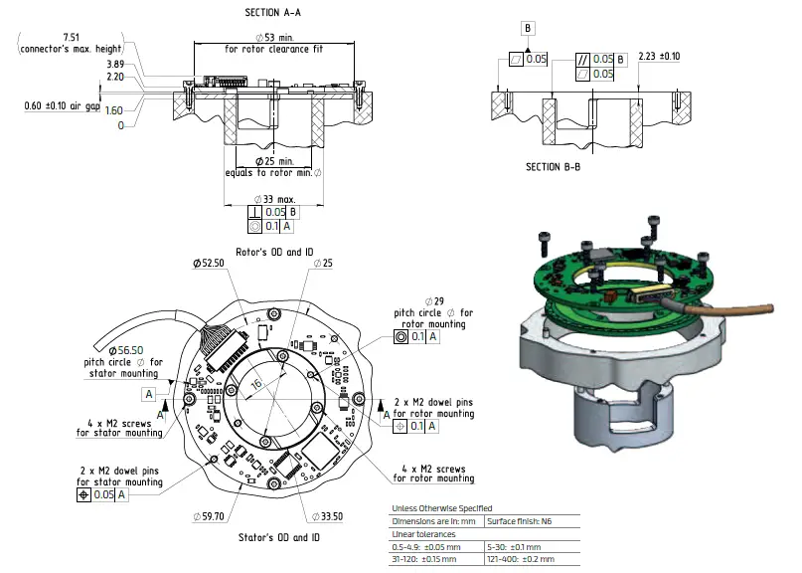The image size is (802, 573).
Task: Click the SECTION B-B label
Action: tap(553, 166)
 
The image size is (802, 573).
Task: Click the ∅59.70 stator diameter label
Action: tap(212, 516)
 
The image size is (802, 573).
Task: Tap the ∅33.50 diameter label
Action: tap(333, 516)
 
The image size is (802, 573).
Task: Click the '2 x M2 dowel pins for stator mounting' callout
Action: tap(121, 476)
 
